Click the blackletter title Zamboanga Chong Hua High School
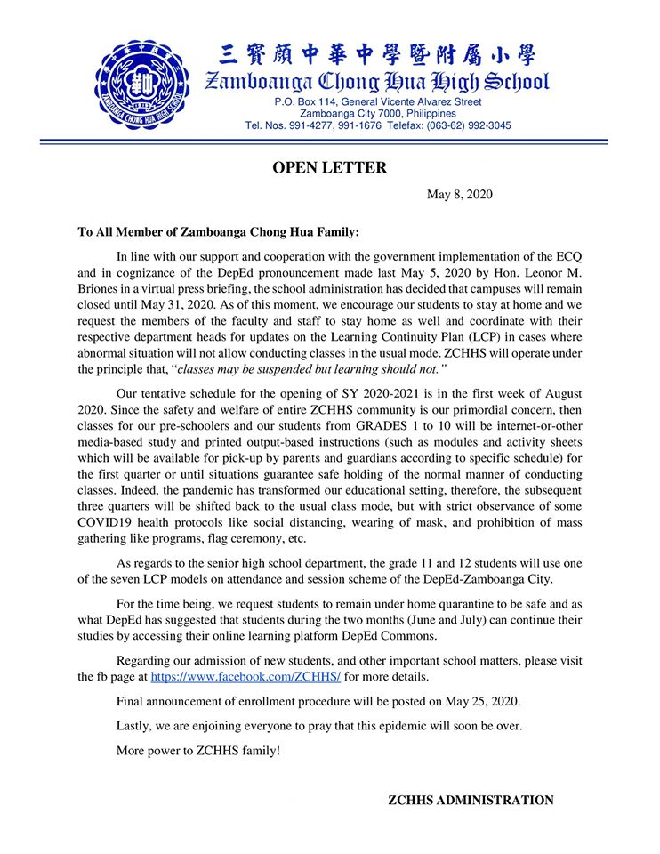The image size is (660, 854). click(377, 84)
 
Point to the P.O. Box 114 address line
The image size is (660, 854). click(378, 102)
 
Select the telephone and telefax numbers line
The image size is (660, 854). click(378, 125)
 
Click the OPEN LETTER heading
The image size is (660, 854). click(329, 167)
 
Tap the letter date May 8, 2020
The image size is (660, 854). click(460, 195)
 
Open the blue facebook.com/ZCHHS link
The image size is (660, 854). click(245, 677)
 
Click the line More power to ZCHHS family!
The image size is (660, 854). click(198, 751)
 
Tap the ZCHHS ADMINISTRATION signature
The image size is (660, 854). click(471, 801)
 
